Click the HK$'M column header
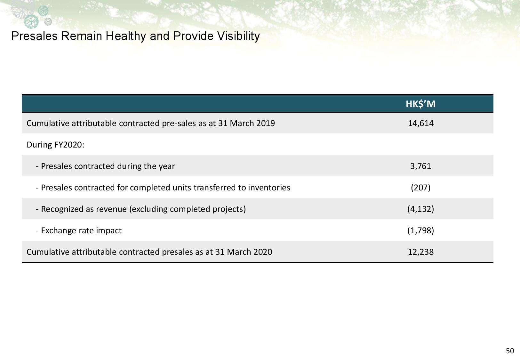coord(420,104)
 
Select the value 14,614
coord(421,123)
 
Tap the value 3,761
coord(420,166)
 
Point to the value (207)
coord(421,188)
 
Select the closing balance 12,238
coord(421,252)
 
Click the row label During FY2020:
coord(55,145)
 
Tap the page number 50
coord(510,351)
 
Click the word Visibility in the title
coord(238,36)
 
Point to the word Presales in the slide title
coord(34,36)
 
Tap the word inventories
coord(269,188)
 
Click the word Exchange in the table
coord(59,230)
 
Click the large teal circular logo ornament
coord(31,21)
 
